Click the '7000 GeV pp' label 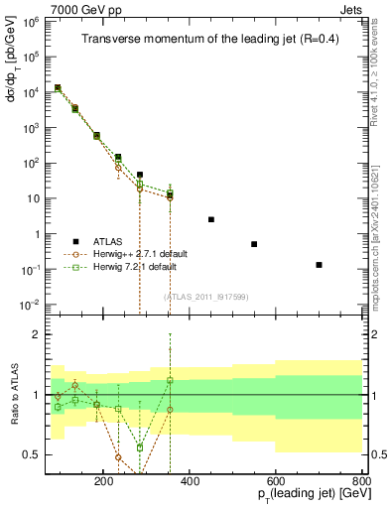[x=82, y=8]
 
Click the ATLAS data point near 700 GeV [x=319, y=265]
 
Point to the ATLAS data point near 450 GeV [x=211, y=219]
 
